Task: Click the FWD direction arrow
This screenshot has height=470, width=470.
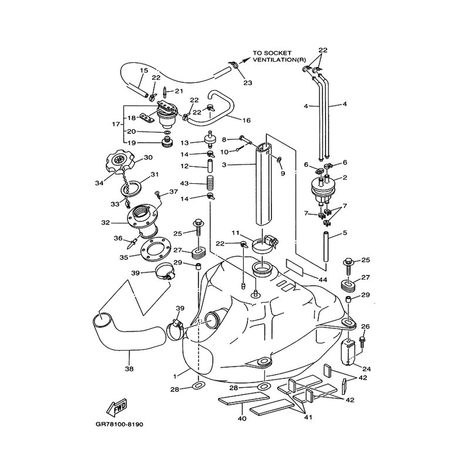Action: point(117,408)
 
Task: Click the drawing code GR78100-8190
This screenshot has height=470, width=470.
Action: point(119,424)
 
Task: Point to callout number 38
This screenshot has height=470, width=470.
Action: point(129,369)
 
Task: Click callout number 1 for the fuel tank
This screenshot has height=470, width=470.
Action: point(175,376)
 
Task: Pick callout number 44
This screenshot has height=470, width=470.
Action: point(323,280)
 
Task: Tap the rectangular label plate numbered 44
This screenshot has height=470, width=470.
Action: point(295,267)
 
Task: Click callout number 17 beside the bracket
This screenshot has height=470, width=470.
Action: point(116,124)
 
